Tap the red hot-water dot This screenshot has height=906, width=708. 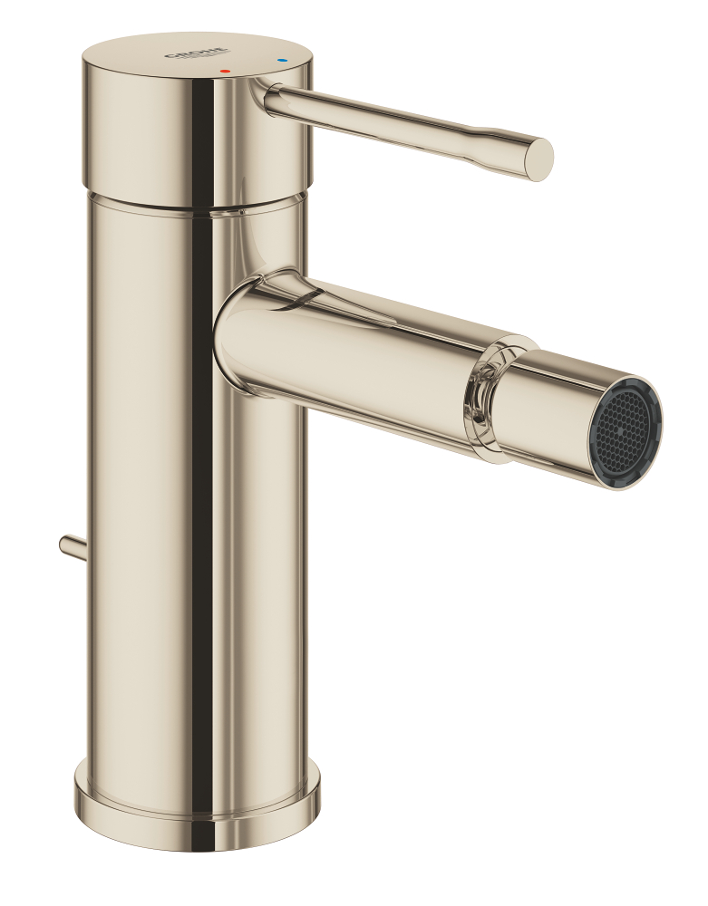[226, 71]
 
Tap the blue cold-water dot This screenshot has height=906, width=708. [281, 60]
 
